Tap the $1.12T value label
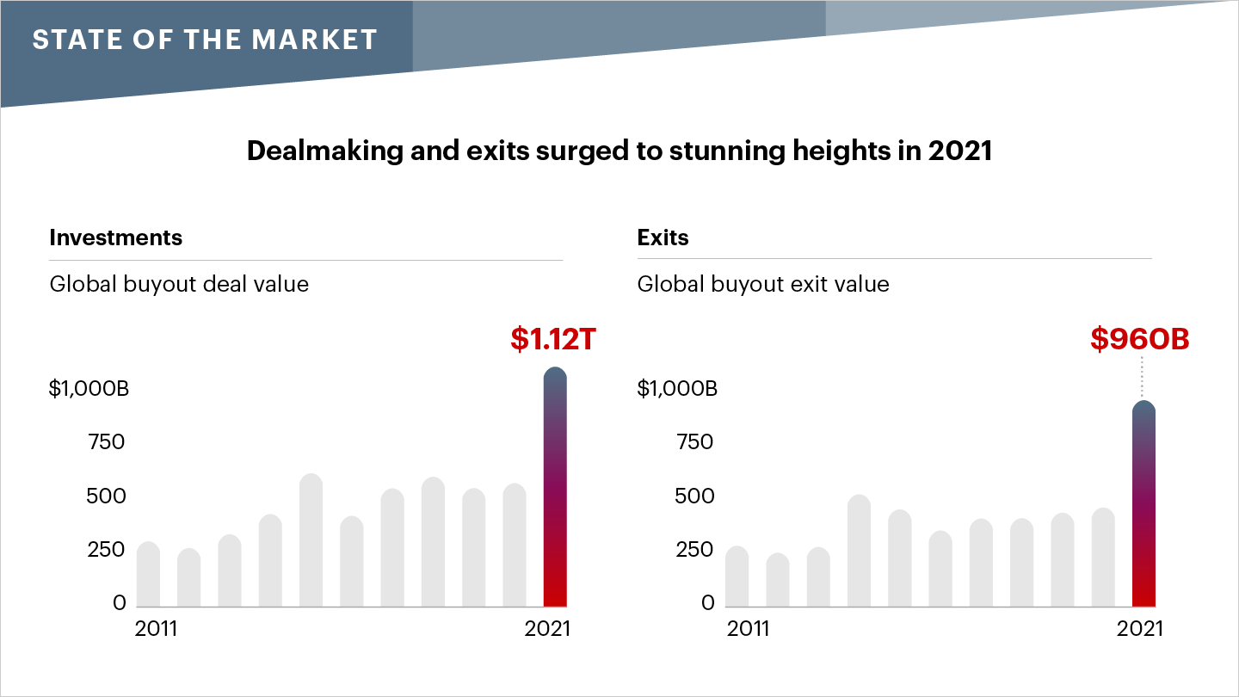coord(552,340)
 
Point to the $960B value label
coord(1139,340)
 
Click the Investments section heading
coord(115,238)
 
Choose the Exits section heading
coord(663,238)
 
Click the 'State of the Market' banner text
coord(205,40)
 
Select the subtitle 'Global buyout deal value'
coord(179,284)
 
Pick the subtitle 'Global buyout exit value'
coord(763,284)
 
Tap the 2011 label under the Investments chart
coord(156,629)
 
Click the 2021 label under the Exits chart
coord(1139,629)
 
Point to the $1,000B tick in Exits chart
coord(676,389)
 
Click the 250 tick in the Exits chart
coord(694,550)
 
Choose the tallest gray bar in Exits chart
coord(859,551)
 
